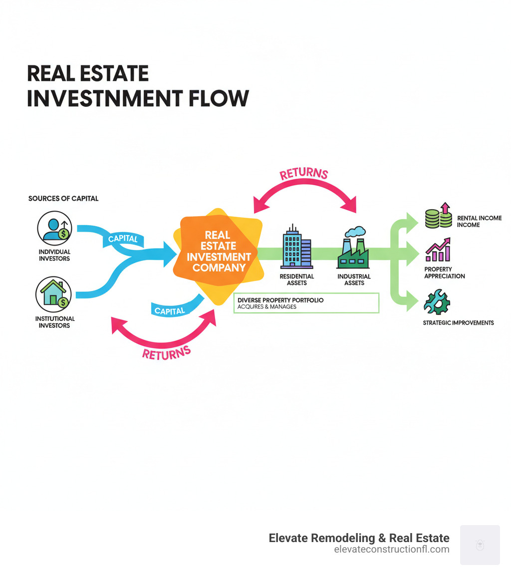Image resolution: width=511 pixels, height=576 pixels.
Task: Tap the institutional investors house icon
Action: [x=53, y=294]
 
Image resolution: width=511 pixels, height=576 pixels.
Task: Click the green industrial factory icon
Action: [x=353, y=248]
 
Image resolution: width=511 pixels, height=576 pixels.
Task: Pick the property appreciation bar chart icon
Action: [x=438, y=250]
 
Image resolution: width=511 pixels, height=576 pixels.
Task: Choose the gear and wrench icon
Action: [x=436, y=301]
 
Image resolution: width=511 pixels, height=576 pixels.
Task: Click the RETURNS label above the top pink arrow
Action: [x=304, y=174]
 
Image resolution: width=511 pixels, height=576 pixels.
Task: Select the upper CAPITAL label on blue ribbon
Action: [x=123, y=239]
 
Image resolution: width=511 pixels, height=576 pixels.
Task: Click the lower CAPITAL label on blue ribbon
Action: [x=170, y=310]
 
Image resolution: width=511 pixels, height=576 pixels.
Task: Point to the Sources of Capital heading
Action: [x=63, y=199]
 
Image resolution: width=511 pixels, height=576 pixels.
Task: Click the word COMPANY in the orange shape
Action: [x=219, y=268]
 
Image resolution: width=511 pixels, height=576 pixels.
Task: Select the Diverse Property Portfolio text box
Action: [x=306, y=303]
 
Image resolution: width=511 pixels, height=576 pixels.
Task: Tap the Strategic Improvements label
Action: [x=458, y=323]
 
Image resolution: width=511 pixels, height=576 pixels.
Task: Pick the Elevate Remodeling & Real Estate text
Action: [x=359, y=538]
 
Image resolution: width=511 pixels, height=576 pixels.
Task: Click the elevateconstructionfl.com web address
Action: [x=391, y=550]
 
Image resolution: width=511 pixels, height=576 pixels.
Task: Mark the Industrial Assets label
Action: [x=354, y=280]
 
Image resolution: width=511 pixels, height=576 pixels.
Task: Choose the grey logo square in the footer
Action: [x=480, y=545]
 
